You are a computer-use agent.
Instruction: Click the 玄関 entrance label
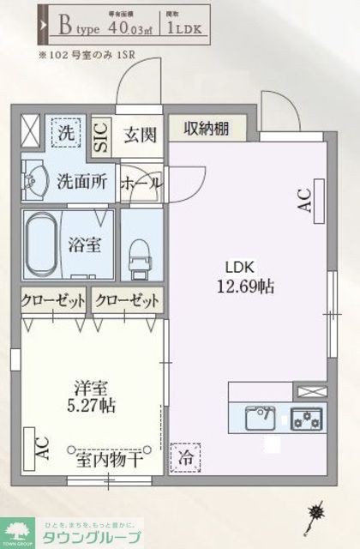coord(137,135)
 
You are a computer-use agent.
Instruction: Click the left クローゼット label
coord(54,301)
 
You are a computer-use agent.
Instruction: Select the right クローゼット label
coord(127,301)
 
